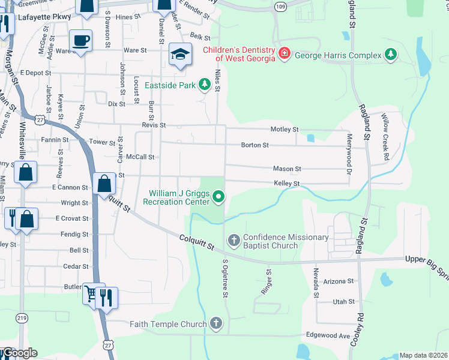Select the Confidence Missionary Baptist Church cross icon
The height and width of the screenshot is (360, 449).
234,241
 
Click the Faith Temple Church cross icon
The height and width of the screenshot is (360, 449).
216,324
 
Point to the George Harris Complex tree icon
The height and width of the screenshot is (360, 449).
391,56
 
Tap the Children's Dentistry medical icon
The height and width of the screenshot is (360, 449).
283,54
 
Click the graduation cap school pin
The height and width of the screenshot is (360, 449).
179,55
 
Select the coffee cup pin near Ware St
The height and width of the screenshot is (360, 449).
81,41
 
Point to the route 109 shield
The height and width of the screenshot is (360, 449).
280,5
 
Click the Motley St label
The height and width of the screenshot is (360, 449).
284,129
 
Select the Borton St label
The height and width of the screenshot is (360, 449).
255,145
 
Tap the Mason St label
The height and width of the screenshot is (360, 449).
287,169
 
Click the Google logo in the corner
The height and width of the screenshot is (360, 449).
19,353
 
